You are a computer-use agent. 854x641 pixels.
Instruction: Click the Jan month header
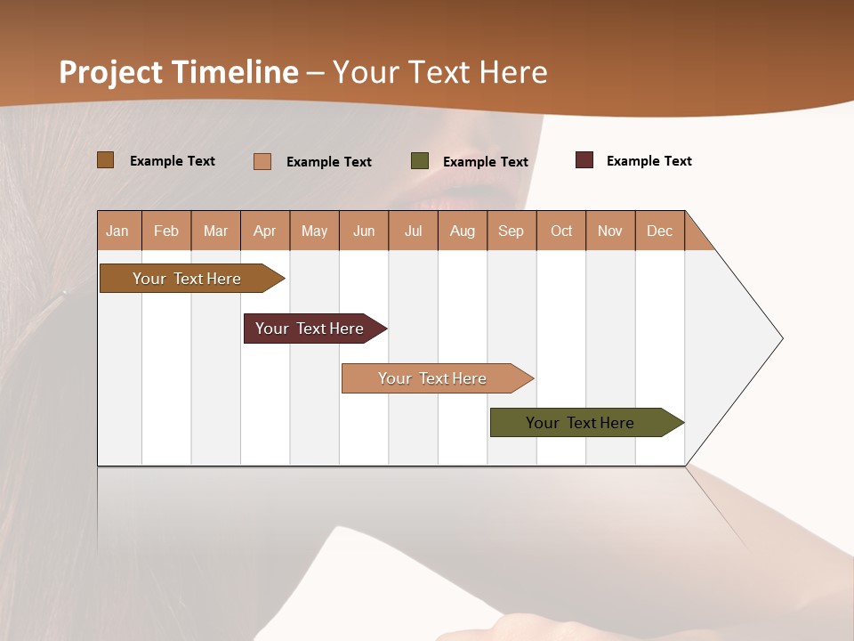coord(118,231)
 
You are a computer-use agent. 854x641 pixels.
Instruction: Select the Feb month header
coord(166,231)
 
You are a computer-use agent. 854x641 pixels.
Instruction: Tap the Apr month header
coord(265,231)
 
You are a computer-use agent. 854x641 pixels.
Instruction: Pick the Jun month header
coord(364,231)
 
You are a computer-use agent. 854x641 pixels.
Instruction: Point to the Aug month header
coord(463,231)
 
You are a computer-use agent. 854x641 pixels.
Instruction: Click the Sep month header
coord(512,231)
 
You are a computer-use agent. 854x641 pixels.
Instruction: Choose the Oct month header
coord(561,231)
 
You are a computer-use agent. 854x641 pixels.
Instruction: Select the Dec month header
coord(660,231)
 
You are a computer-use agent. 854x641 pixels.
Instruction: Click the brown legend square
coord(106,160)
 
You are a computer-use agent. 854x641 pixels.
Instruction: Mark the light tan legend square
coord(262,161)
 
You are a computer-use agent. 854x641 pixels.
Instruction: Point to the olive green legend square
coord(420,161)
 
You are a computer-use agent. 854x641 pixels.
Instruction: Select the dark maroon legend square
coord(584,160)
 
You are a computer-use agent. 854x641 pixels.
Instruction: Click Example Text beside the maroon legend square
coord(649,161)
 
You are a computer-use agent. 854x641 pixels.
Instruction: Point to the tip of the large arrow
coord(780,338)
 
